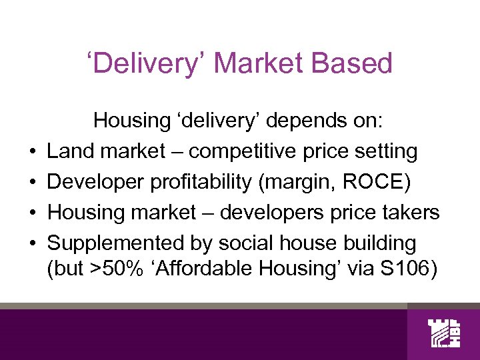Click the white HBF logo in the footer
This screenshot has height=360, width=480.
(x=444, y=335)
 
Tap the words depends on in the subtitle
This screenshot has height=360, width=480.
(x=330, y=121)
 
